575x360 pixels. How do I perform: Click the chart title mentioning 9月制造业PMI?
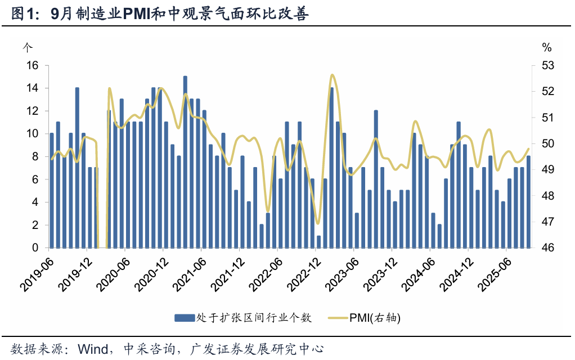[160, 14]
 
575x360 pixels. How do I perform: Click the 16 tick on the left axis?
[32, 65]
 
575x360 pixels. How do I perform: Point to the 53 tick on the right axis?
[547, 65]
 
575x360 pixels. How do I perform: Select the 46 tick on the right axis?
[547, 247]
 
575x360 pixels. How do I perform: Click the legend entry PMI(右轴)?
[374, 318]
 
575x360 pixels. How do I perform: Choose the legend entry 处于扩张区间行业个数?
[253, 318]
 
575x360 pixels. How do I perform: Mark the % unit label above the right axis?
[547, 47]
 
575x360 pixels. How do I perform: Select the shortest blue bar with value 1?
[318, 242]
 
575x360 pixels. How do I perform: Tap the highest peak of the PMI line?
[332, 75]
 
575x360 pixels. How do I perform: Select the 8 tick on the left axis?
[35, 156]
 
